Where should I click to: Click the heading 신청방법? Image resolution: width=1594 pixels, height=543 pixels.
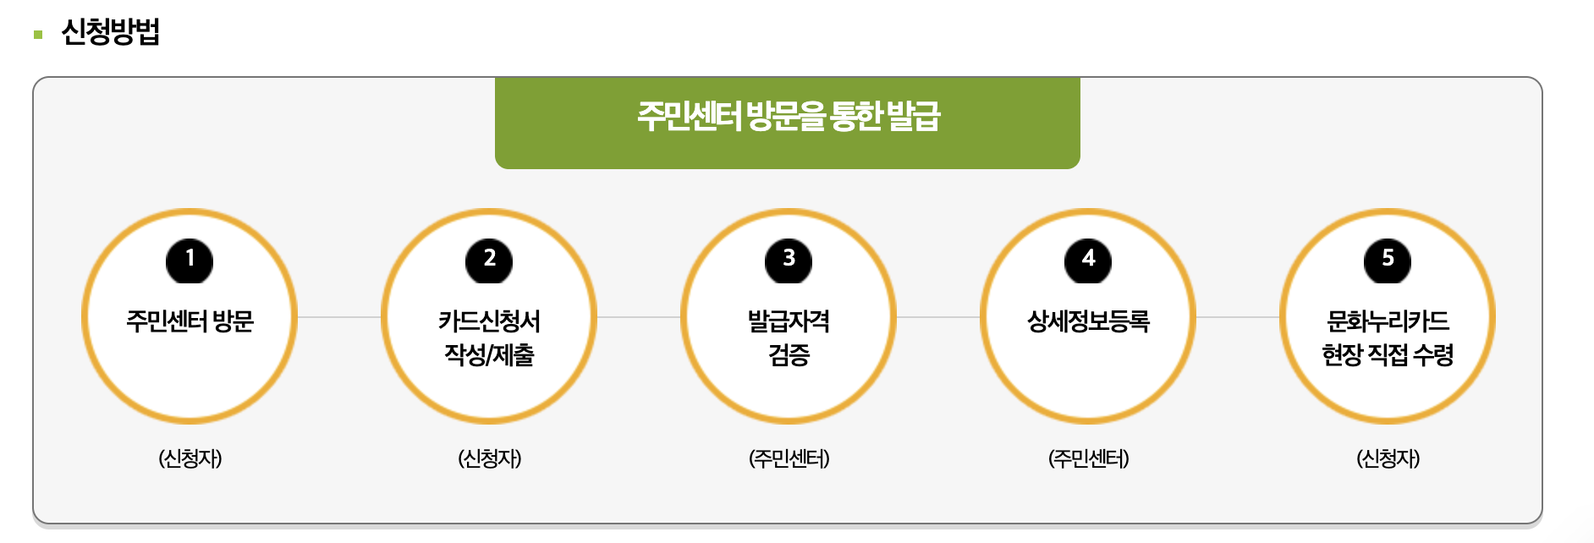click(111, 32)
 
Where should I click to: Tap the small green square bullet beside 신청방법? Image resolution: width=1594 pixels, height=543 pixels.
click(38, 35)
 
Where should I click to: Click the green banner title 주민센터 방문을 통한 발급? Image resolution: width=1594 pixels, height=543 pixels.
click(788, 117)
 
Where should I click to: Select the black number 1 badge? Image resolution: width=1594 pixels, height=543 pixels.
click(190, 260)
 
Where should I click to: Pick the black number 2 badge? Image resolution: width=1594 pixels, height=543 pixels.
click(489, 260)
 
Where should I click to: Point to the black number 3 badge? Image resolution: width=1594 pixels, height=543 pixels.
click(789, 260)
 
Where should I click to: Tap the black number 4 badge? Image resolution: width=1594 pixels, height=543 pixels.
click(1088, 260)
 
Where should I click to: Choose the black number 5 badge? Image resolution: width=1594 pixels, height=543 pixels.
click(1388, 260)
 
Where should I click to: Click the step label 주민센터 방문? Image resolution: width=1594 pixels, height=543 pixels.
click(190, 321)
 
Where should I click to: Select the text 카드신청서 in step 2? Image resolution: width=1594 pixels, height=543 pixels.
click(489, 321)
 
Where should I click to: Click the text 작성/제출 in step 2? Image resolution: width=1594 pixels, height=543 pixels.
click(489, 354)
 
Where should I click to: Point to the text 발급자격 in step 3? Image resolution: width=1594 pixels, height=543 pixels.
click(789, 321)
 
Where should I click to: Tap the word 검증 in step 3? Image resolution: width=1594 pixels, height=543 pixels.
click(789, 354)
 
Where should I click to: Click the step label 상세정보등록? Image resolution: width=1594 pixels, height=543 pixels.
click(1088, 321)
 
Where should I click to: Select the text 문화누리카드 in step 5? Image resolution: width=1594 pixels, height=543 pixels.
click(1388, 321)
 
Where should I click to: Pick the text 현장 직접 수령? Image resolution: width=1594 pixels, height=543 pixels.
click(1388, 354)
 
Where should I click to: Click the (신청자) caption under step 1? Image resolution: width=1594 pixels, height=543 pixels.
click(190, 458)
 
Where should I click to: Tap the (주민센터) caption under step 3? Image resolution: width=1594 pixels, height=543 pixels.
click(789, 458)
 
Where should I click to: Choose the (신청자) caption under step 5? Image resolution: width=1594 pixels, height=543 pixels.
click(1388, 458)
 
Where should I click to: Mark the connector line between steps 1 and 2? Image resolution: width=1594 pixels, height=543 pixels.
click(339, 317)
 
